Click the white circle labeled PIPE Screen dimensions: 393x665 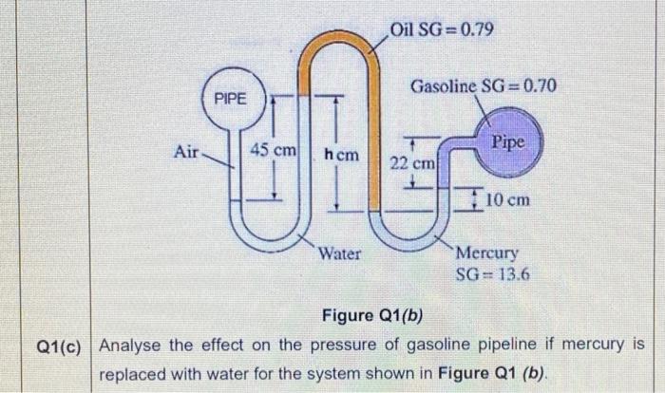(x=229, y=99)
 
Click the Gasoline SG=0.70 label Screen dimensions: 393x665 (x=484, y=87)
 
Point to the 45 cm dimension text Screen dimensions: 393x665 (x=274, y=151)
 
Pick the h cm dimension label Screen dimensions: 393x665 (x=341, y=153)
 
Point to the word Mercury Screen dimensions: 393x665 (x=487, y=253)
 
